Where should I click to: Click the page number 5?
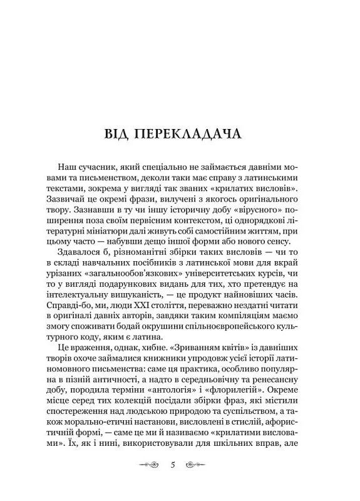[x=180, y=466]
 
